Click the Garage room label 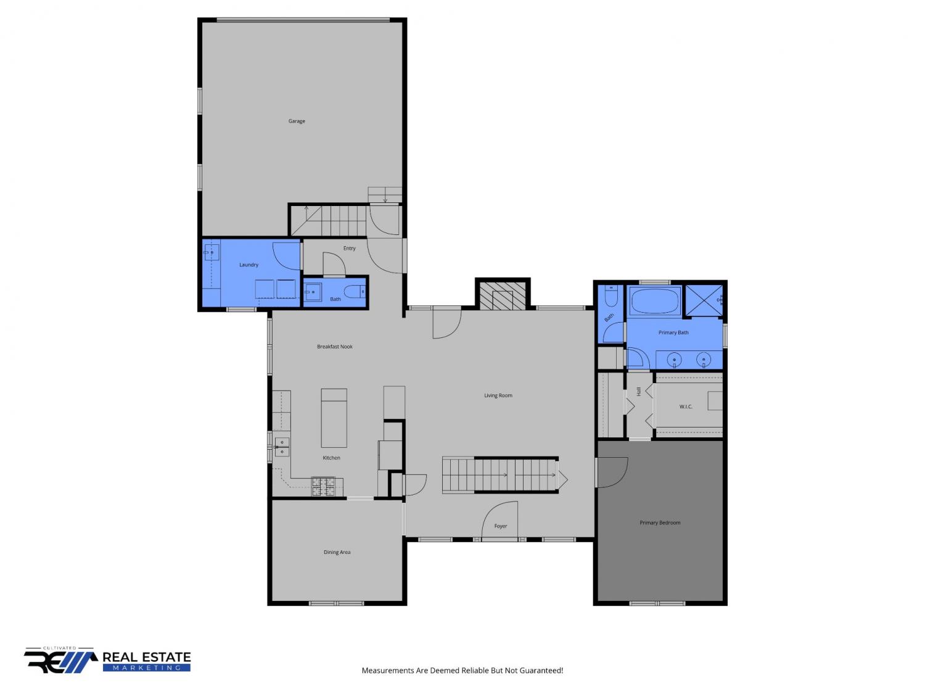tap(296, 121)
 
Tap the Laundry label tap(249, 265)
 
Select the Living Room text tap(498, 395)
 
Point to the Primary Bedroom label tap(660, 523)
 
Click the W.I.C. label tap(686, 407)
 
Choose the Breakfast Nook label tap(335, 346)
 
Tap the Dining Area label tap(337, 552)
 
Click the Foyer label tap(501, 526)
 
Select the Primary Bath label tap(673, 333)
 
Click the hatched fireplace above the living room tap(503, 294)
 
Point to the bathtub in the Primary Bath tap(654, 301)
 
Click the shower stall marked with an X tap(704, 300)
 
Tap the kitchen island tap(334, 418)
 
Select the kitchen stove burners tap(323, 486)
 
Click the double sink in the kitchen tap(282, 447)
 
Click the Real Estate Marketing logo tap(107, 660)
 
